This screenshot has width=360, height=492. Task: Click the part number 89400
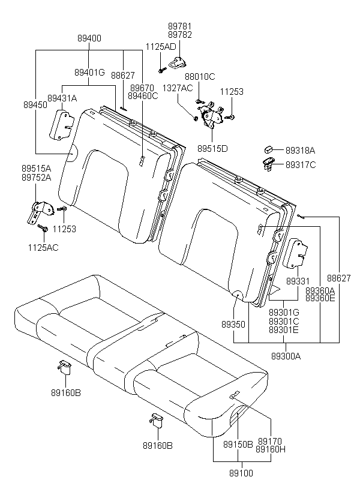pyautogui.click(x=89, y=38)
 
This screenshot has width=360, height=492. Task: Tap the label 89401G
pyautogui.click(x=89, y=73)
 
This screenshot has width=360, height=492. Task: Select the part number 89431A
pyautogui.click(x=62, y=98)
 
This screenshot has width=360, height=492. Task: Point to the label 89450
pyautogui.click(x=35, y=105)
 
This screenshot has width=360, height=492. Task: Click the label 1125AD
pyautogui.click(x=161, y=46)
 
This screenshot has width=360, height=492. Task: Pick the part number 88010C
pyautogui.click(x=200, y=77)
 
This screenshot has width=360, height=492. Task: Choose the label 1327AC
pyautogui.click(x=178, y=88)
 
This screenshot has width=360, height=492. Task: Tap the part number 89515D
pyautogui.click(x=212, y=148)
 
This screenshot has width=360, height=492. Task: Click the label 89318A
pyautogui.click(x=300, y=151)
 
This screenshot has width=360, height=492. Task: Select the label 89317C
pyautogui.click(x=301, y=165)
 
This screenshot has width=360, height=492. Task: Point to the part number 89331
pyautogui.click(x=298, y=281)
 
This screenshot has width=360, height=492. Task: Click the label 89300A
pyautogui.click(x=286, y=356)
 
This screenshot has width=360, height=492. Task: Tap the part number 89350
pyautogui.click(x=233, y=325)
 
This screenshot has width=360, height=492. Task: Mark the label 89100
pyautogui.click(x=241, y=473)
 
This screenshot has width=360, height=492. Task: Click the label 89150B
pyautogui.click(x=238, y=445)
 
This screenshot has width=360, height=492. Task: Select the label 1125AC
pyautogui.click(x=43, y=248)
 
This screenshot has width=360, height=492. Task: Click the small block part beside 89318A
pyautogui.click(x=269, y=149)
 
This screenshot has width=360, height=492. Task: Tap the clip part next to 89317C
pyautogui.click(x=268, y=164)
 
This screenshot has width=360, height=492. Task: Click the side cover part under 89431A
pyautogui.click(x=62, y=125)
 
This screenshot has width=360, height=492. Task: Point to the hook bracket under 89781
pyautogui.click(x=178, y=62)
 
